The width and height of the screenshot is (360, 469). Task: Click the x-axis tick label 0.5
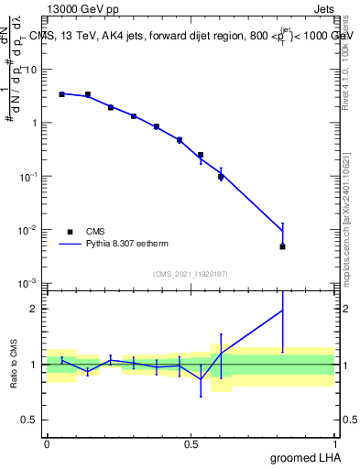click(191, 443)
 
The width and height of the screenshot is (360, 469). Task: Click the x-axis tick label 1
click(334, 443)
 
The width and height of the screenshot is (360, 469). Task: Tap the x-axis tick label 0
click(47, 443)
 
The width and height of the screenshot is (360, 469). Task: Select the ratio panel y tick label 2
click(35, 309)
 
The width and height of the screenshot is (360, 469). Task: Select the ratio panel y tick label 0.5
click(30, 420)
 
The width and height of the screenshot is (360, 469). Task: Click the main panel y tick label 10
click(33, 70)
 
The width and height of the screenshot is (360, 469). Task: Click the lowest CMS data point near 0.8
click(283, 246)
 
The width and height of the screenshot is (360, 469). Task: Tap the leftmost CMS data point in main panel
click(61, 94)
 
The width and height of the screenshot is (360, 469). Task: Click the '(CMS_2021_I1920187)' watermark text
click(191, 273)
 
